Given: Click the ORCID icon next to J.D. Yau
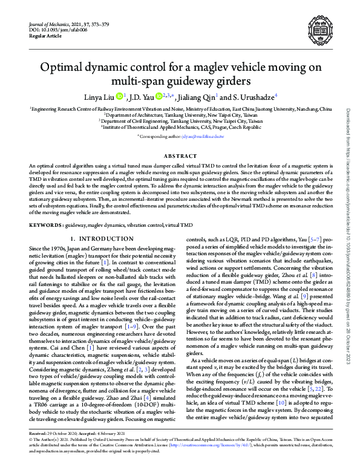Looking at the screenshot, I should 159,95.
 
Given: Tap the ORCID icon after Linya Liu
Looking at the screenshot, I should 119,95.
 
